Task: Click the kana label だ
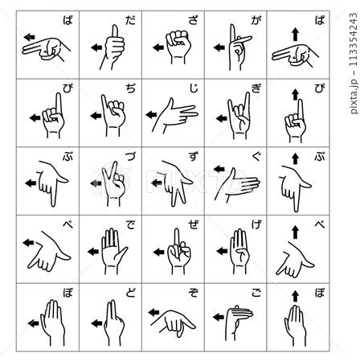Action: pyautogui.click(x=130, y=20)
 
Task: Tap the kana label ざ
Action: pyautogui.click(x=194, y=20)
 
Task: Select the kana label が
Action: pyautogui.click(x=256, y=20)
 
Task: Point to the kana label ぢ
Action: pyautogui.click(x=130, y=88)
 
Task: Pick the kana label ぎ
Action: pyautogui.click(x=256, y=88)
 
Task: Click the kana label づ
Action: pyautogui.click(x=130, y=156)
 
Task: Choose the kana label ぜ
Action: pyautogui.click(x=194, y=224)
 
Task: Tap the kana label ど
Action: pyautogui.click(x=130, y=292)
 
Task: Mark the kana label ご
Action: pyautogui.click(x=256, y=292)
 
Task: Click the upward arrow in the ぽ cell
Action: pyautogui.click(x=295, y=296)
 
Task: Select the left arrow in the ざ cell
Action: pyautogui.click(x=158, y=47)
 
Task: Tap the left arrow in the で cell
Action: pyautogui.click(x=93, y=252)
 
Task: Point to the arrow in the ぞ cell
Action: pyautogui.click(x=153, y=312)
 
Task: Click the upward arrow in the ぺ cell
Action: pyautogui.click(x=295, y=232)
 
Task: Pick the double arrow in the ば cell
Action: pyautogui.click(x=29, y=38)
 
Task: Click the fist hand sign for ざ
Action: pyautogui.click(x=178, y=47)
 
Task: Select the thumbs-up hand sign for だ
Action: pyautogui.click(x=112, y=47)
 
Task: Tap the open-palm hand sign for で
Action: pyautogui.click(x=113, y=251)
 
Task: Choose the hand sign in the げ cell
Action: pyautogui.click(x=239, y=251)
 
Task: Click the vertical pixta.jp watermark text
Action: pyautogui.click(x=354, y=64)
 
